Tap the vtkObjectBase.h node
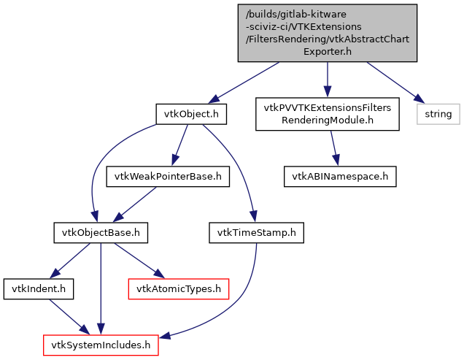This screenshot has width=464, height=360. click(x=101, y=233)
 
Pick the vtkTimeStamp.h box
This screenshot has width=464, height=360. click(x=255, y=233)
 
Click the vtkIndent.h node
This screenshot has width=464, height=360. click(x=39, y=289)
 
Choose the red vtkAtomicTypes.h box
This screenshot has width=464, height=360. click(x=179, y=289)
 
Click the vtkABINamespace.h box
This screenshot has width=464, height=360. click(x=341, y=176)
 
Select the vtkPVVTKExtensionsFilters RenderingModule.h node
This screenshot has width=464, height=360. click(x=328, y=114)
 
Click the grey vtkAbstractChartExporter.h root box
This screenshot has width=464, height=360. click(x=328, y=32)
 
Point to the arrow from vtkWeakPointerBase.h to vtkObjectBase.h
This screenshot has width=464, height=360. click(x=135, y=204)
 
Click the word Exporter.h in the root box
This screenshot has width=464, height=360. click(x=328, y=51)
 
